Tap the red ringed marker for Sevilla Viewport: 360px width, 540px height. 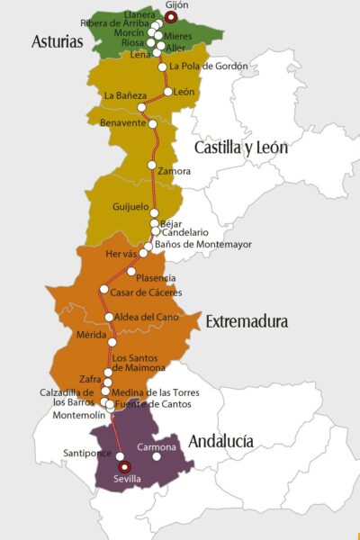click(124, 466)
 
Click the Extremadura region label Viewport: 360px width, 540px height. click(246, 321)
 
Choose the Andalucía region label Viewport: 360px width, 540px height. click(220, 441)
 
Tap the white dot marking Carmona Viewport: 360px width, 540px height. click(157, 456)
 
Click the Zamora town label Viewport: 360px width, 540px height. click(174, 171)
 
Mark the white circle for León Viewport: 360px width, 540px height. click(167, 92)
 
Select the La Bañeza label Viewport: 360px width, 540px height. click(122, 95)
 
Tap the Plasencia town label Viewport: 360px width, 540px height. click(156, 278)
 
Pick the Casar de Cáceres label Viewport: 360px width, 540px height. click(147, 292)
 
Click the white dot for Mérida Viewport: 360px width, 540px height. click(112, 342)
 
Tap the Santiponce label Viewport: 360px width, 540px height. click(87, 453)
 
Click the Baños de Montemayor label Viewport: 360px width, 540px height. click(203, 245)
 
